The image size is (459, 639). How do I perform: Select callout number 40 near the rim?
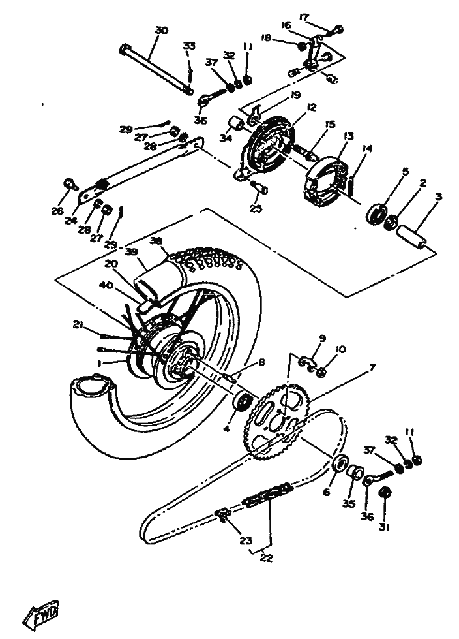106,285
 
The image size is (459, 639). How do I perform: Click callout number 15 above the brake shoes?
330,123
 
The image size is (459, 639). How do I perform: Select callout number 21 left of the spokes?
79,324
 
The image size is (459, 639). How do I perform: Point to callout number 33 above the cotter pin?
188,45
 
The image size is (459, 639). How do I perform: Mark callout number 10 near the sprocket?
340,350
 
